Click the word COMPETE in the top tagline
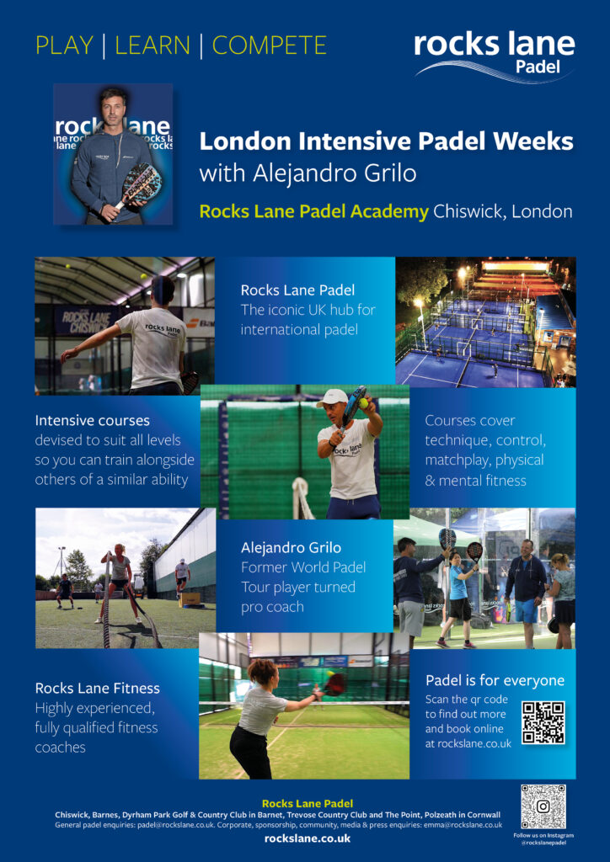click(x=270, y=45)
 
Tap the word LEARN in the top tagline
click(x=152, y=45)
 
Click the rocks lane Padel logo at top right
click(x=494, y=55)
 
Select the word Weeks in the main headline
click(x=533, y=141)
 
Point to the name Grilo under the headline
click(x=388, y=173)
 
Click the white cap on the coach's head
click(x=333, y=398)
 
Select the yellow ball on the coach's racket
click(x=364, y=403)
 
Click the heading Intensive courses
click(x=93, y=421)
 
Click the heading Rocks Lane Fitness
click(x=98, y=689)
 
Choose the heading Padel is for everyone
click(x=495, y=680)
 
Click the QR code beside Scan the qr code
click(x=543, y=723)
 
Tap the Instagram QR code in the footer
click(x=543, y=806)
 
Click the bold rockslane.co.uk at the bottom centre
click(x=308, y=839)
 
